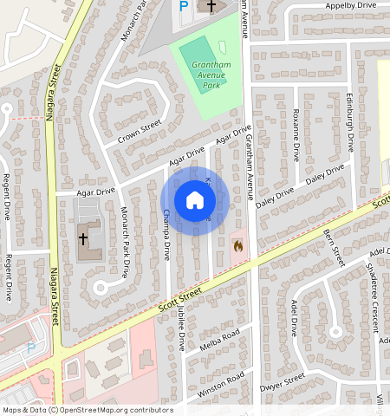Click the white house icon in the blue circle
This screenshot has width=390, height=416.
pyautogui.click(x=195, y=200)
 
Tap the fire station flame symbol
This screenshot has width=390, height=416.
pyautogui.click(x=237, y=246)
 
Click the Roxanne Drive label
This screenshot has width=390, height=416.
pyautogui.click(x=296, y=135)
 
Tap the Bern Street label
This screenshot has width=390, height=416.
pyautogui.click(x=335, y=242)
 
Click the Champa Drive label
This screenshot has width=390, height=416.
pyautogui.click(x=166, y=239)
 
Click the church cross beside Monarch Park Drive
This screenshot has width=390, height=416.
pyautogui.click(x=84, y=237)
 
